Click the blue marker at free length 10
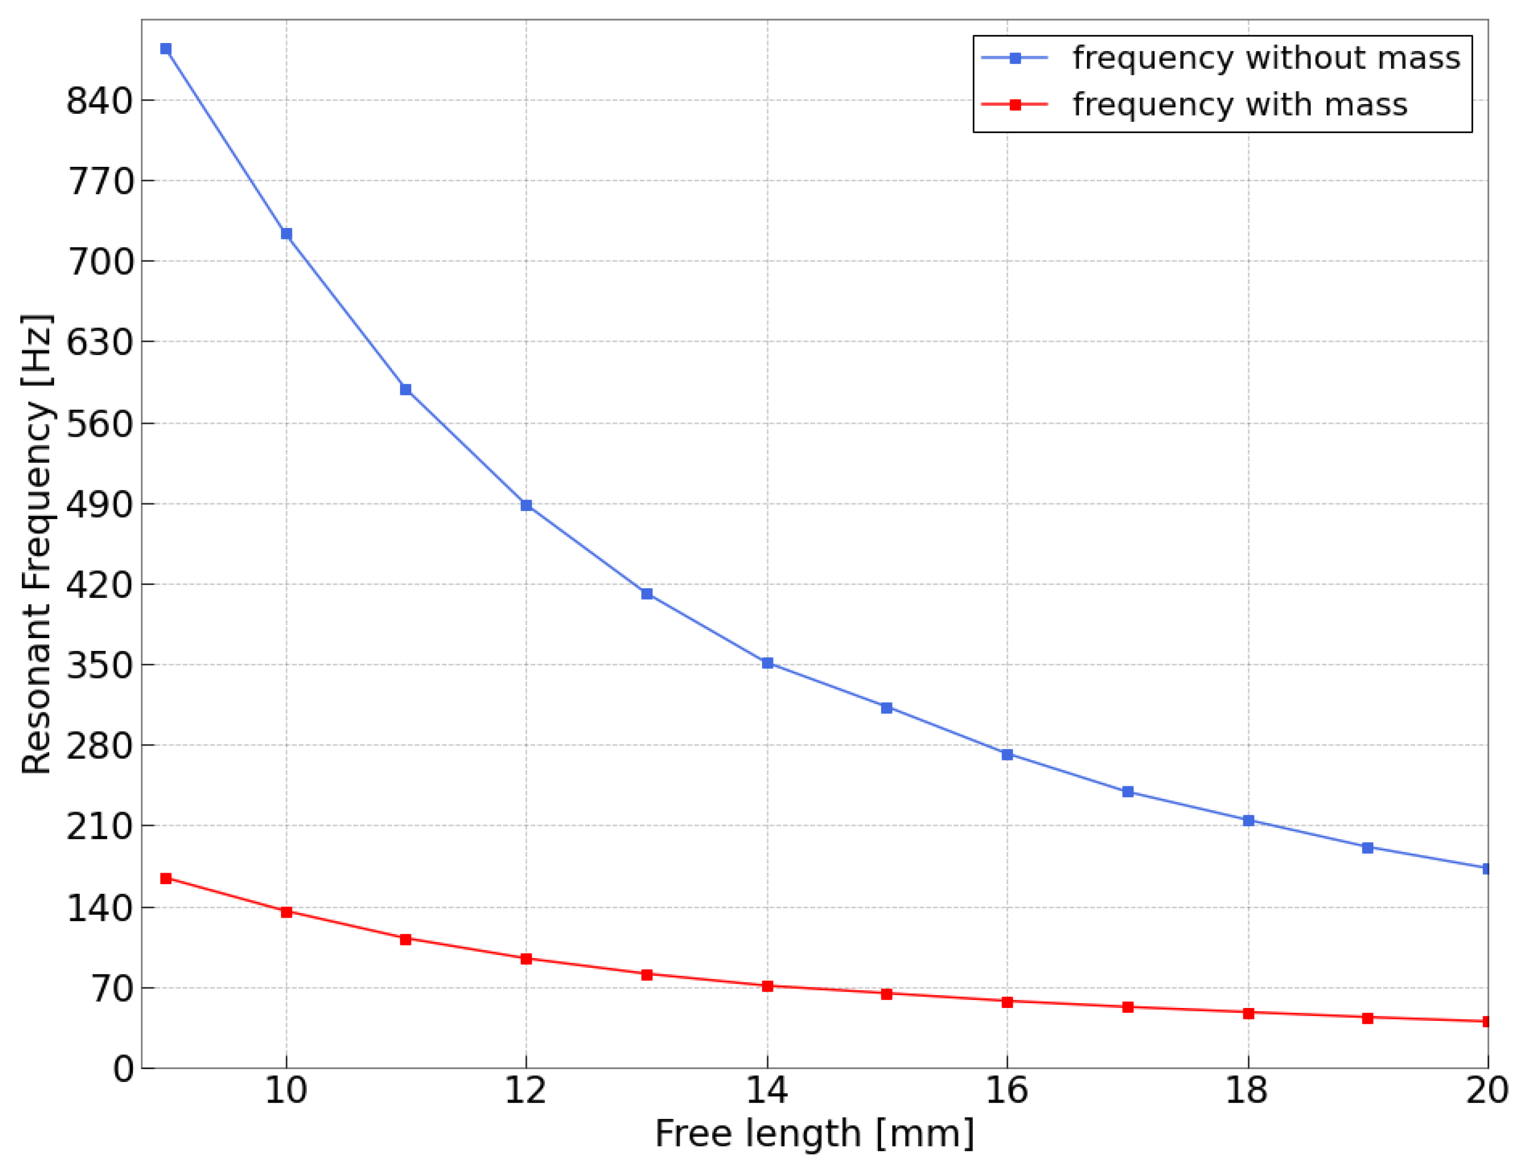click(x=286, y=234)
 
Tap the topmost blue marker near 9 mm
click(x=166, y=49)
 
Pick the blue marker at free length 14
click(x=768, y=663)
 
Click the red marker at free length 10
click(x=286, y=911)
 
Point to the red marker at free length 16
click(x=1007, y=1001)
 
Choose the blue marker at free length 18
click(x=1249, y=821)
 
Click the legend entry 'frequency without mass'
click(x=1265, y=58)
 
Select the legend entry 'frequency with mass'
click(x=1239, y=105)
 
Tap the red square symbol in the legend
click(x=1015, y=105)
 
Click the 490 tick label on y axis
click(x=99, y=505)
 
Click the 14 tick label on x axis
click(x=767, y=1091)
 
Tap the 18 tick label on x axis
click(x=1247, y=1091)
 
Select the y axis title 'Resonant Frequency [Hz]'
click(x=36, y=544)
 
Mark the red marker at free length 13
click(x=647, y=975)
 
